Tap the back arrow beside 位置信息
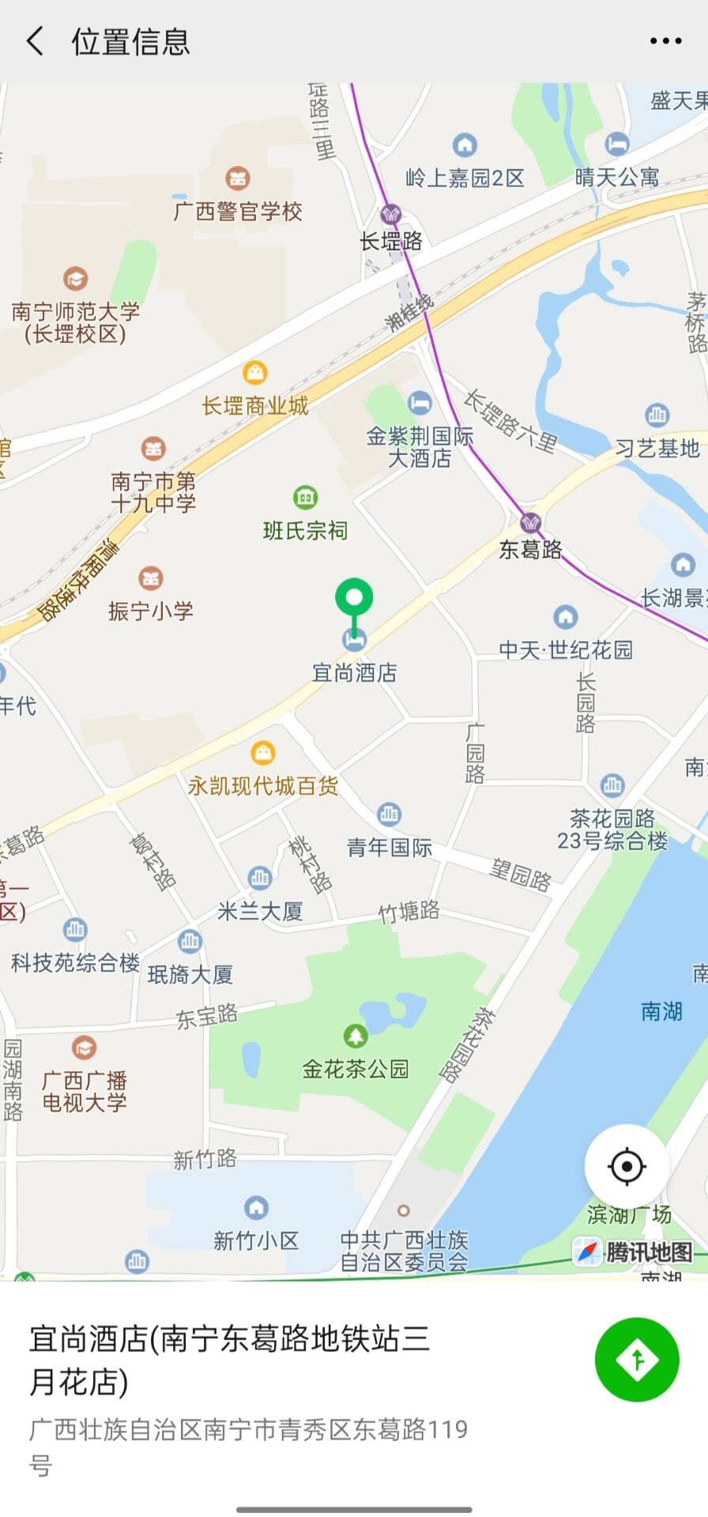tap(35, 41)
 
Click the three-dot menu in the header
tap(665, 41)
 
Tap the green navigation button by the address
tap(637, 1359)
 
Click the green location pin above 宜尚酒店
tap(354, 599)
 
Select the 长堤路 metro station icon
tap(391, 214)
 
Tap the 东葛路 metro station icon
tap(531, 521)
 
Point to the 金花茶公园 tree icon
tap(356, 1035)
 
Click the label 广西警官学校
tap(238, 212)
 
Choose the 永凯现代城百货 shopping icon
tap(262, 752)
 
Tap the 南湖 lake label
tap(661, 1011)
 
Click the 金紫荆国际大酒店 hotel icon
tap(420, 402)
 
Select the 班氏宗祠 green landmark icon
tap(305, 497)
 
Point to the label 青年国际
tap(390, 848)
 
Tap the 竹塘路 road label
tap(409, 913)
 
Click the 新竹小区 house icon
tap(256, 1207)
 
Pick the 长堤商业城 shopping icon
tap(254, 371)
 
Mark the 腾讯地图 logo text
tap(649, 1252)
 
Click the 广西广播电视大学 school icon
tap(84, 1048)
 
